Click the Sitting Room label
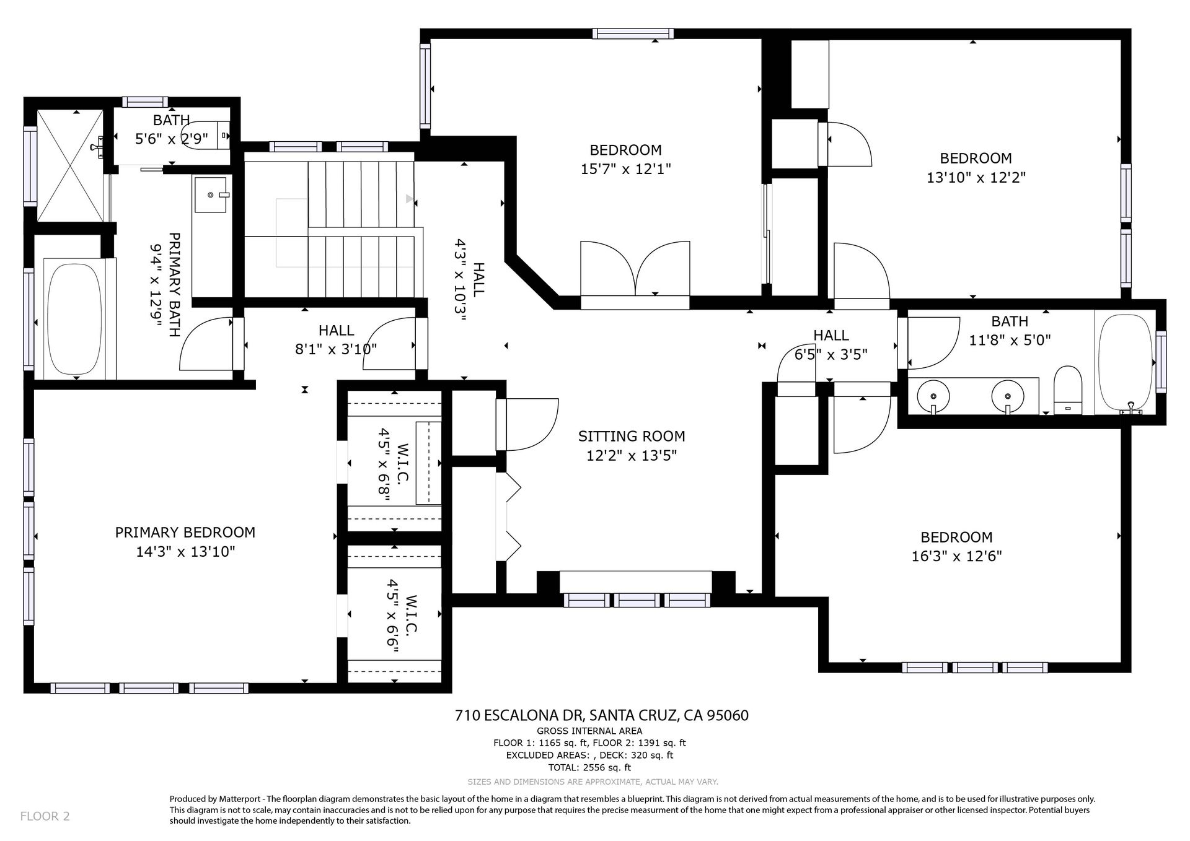632,436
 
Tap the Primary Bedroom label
185,532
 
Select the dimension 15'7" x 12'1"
626,168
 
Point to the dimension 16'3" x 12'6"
956,556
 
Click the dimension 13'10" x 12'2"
976,177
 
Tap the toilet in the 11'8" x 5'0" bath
1068,390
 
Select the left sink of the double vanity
933,394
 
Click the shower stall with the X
71,165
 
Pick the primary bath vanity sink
211,194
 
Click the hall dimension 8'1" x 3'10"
336,349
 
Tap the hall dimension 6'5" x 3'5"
831,355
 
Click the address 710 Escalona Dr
519,716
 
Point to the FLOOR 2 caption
45,816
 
